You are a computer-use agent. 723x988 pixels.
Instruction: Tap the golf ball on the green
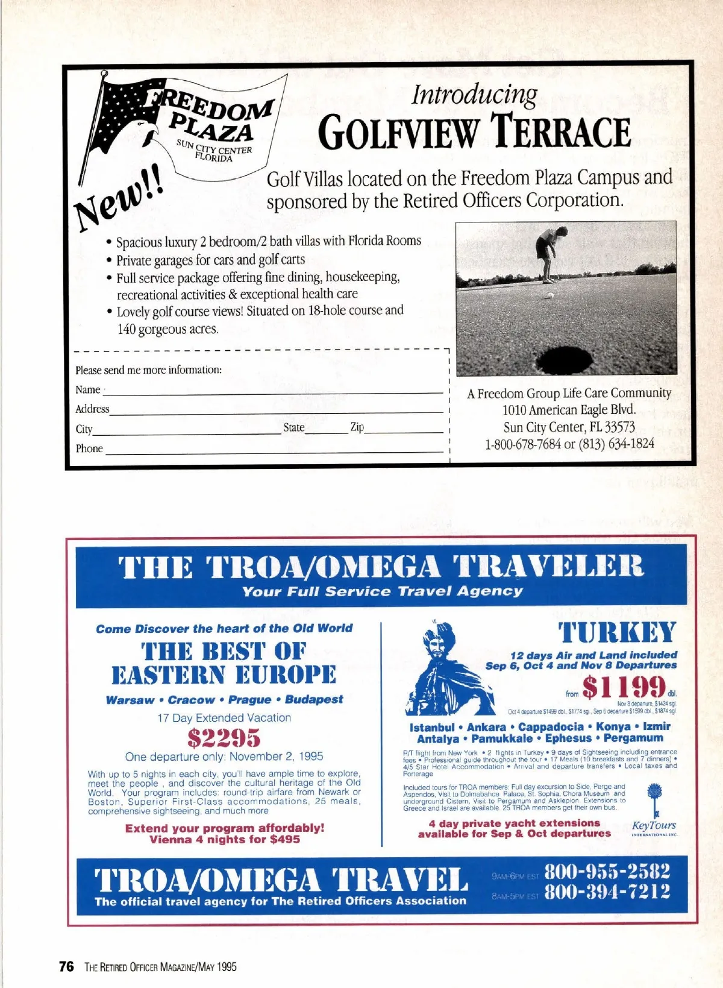pos(549,295)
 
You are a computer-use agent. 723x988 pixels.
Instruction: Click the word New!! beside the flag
pos(119,200)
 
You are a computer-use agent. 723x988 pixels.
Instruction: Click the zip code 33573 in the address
pos(619,427)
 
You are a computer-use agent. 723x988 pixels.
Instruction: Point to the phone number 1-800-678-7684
pos(522,444)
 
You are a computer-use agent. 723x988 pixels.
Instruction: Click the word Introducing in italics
pos(474,95)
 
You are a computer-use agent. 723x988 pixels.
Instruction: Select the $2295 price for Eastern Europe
pos(224,737)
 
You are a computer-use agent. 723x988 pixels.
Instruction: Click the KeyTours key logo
pos(654,801)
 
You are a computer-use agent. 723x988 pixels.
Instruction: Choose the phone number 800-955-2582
pos(607,872)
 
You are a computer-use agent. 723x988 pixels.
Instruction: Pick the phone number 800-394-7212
pos(607,892)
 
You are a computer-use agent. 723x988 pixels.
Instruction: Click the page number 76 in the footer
pos(66,966)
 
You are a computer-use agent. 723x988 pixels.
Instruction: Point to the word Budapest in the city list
pos(314,699)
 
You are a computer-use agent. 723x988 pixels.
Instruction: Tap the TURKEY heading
pos(617,633)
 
